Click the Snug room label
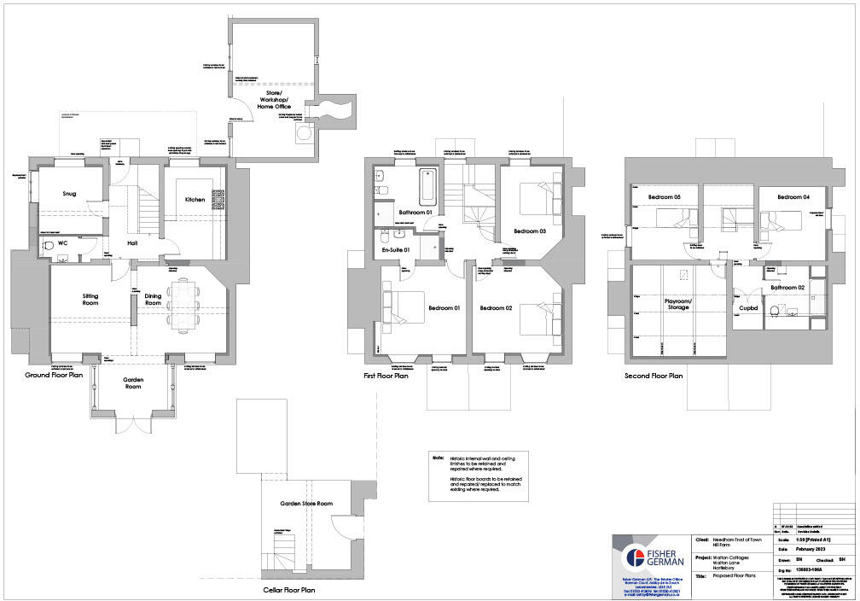point(69,194)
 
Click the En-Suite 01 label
point(396,249)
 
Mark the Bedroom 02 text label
point(494,307)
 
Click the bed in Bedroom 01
point(403,309)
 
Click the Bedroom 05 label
point(665,197)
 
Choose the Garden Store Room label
point(306,504)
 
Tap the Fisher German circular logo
point(634,558)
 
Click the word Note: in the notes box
point(439,458)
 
